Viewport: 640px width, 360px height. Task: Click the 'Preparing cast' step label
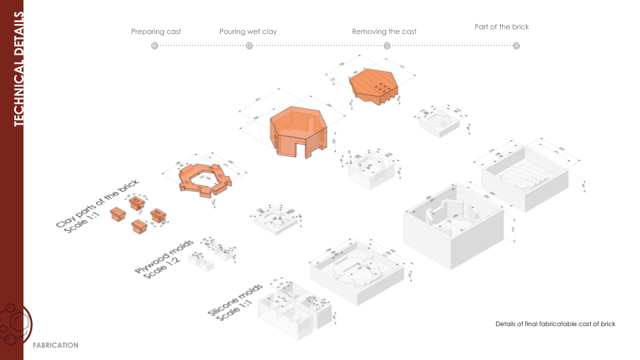pyautogui.click(x=156, y=31)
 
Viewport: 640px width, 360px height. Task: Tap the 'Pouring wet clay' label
pyautogui.click(x=248, y=31)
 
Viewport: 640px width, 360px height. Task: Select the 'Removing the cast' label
pyautogui.click(x=384, y=31)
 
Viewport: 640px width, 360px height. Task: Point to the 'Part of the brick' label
pyautogui.click(x=501, y=27)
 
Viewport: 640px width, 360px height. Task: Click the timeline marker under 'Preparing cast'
pyautogui.click(x=155, y=46)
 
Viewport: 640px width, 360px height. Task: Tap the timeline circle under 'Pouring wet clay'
pyautogui.click(x=249, y=46)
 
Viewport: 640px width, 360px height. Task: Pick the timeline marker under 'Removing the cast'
pyautogui.click(x=387, y=46)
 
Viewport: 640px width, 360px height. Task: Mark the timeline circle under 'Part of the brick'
pyautogui.click(x=517, y=46)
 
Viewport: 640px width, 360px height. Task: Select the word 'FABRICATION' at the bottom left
pyautogui.click(x=55, y=345)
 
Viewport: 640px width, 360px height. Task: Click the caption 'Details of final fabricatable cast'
pyautogui.click(x=543, y=324)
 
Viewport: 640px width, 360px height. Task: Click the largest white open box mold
pyautogui.click(x=453, y=224)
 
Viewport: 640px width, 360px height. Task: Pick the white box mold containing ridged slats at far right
pyautogui.click(x=525, y=177)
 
